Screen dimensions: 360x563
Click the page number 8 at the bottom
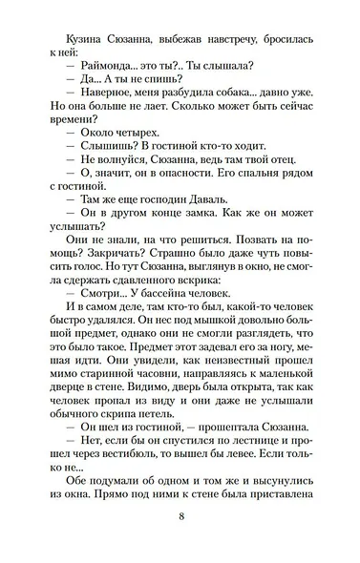(180, 516)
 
